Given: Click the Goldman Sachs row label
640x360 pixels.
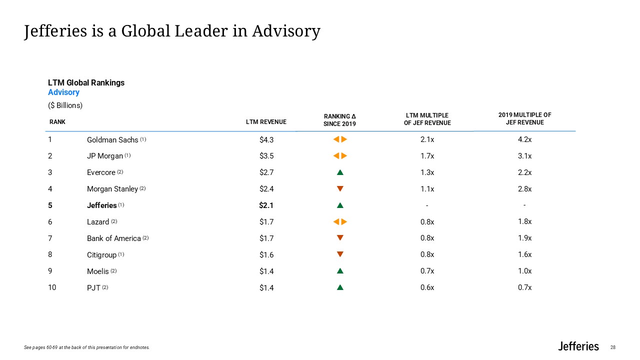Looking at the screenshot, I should pyautogui.click(x=112, y=140).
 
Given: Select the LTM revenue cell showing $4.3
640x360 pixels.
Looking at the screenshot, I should pyautogui.click(x=266, y=140).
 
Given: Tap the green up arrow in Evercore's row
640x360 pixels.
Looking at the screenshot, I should pyautogui.click(x=340, y=172).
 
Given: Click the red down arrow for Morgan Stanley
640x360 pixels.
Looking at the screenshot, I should pyautogui.click(x=340, y=189).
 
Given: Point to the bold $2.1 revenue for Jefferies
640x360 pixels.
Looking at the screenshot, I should pyautogui.click(x=266, y=205).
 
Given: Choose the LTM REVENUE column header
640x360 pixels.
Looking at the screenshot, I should pyautogui.click(x=266, y=122).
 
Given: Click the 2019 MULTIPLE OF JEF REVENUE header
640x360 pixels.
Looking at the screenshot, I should pyautogui.click(x=524, y=119).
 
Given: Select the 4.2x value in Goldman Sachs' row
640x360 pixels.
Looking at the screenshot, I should pyautogui.click(x=524, y=140).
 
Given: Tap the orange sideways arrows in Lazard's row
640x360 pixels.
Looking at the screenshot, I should pyautogui.click(x=340, y=222).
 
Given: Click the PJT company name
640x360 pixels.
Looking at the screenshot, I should pyautogui.click(x=93, y=288).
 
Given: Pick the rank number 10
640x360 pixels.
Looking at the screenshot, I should pyautogui.click(x=52, y=287).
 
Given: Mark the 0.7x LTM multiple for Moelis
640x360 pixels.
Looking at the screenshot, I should pyautogui.click(x=427, y=271).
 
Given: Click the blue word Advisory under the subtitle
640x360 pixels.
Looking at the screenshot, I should pyautogui.click(x=63, y=92).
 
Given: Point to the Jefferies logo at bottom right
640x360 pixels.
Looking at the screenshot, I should pyautogui.click(x=578, y=346).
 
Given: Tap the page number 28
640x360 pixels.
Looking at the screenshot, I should pyautogui.click(x=613, y=347).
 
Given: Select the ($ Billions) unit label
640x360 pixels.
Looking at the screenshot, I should pyautogui.click(x=65, y=105).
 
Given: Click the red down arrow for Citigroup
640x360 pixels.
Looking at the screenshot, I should pyautogui.click(x=340, y=254).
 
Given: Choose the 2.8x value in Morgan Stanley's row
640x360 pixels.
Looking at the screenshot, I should pyautogui.click(x=524, y=189).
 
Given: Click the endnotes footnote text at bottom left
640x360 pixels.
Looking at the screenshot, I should pyautogui.click(x=86, y=347).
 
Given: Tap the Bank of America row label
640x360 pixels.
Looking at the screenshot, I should pyautogui.click(x=113, y=238).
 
